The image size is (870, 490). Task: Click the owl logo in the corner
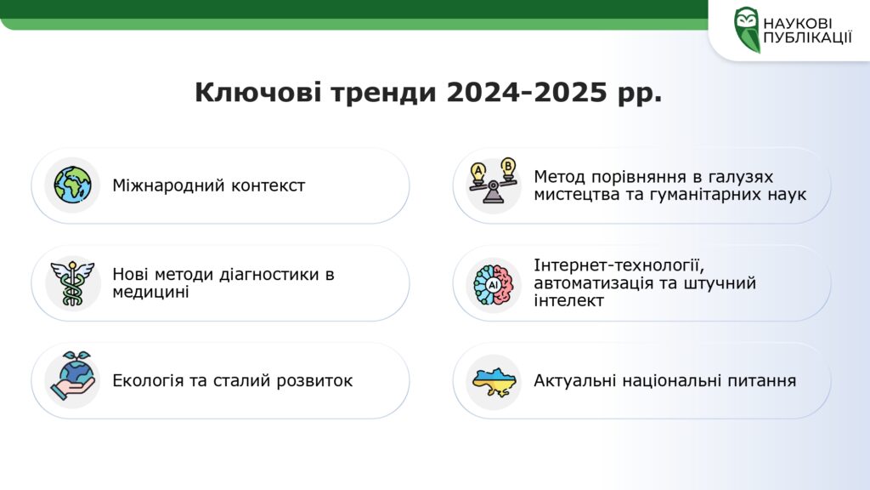[746, 30]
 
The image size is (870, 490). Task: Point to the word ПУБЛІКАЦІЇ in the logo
[807, 37]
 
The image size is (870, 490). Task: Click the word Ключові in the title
[258, 92]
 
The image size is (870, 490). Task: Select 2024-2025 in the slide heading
[527, 92]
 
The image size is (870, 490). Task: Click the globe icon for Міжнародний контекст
[73, 185]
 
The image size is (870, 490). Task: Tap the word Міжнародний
[168, 185]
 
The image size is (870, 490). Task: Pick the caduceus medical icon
[73, 283]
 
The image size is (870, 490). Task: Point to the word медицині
[150, 292]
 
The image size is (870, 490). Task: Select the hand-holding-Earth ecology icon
[73, 375]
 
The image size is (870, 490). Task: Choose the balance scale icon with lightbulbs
[493, 182]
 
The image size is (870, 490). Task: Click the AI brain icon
[494, 284]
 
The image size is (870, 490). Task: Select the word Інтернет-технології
[619, 265]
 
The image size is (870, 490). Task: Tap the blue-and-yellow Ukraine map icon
[494, 382]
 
